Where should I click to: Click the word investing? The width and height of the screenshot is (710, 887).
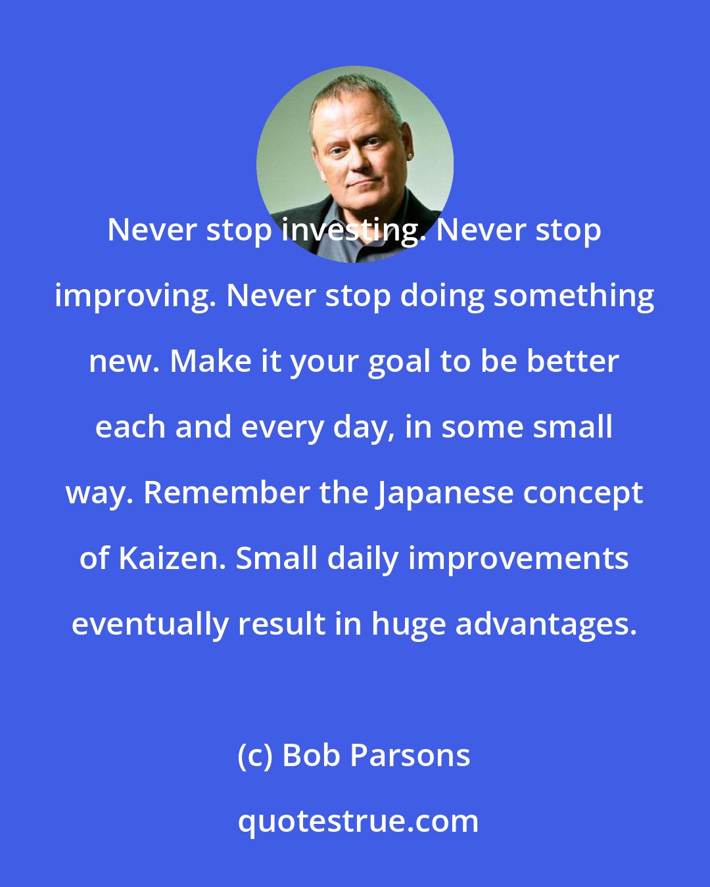pyautogui.click(x=349, y=231)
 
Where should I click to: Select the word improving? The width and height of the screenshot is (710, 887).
pyautogui.click(x=136, y=297)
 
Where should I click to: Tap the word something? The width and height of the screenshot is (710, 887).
pyautogui.click(x=573, y=296)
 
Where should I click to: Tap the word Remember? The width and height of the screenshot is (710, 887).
pyautogui.click(x=226, y=493)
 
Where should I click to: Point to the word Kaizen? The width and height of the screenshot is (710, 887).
pyautogui.click(x=172, y=558)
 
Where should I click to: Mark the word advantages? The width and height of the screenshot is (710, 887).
pyautogui.click(x=546, y=625)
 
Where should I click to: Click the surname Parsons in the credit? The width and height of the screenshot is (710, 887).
pyautogui.click(x=410, y=756)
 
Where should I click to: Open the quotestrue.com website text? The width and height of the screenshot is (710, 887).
pyautogui.click(x=358, y=821)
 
